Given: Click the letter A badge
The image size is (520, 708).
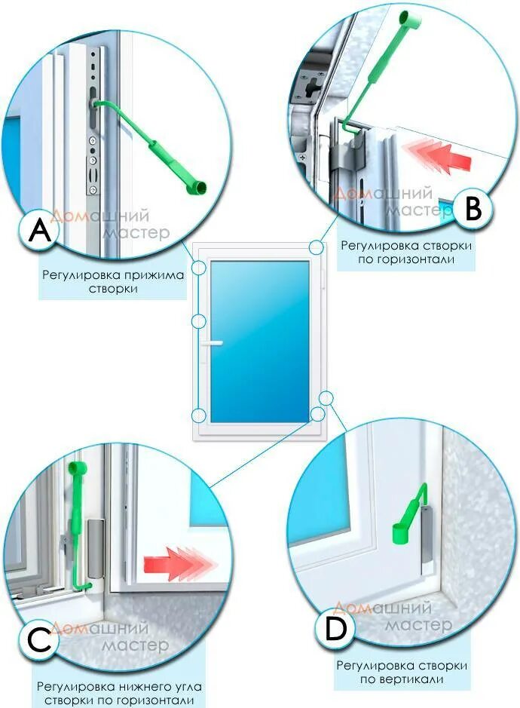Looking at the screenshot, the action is click(x=40, y=231).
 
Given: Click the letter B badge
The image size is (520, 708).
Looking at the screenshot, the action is click(x=472, y=209).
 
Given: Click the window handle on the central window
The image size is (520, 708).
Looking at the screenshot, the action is click(x=213, y=343).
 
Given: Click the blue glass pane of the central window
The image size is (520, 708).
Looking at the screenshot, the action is click(x=260, y=339).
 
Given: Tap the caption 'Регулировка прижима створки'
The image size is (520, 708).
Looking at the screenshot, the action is click(x=113, y=282).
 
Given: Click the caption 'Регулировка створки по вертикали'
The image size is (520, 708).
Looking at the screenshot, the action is click(x=402, y=673).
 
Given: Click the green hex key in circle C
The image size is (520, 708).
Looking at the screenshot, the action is click(x=78, y=528).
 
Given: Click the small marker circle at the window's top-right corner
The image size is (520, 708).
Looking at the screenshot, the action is click(x=317, y=247).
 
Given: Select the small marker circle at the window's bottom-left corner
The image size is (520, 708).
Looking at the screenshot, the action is click(x=199, y=415).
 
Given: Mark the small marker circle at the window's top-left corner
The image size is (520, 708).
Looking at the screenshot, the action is click(x=199, y=267).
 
